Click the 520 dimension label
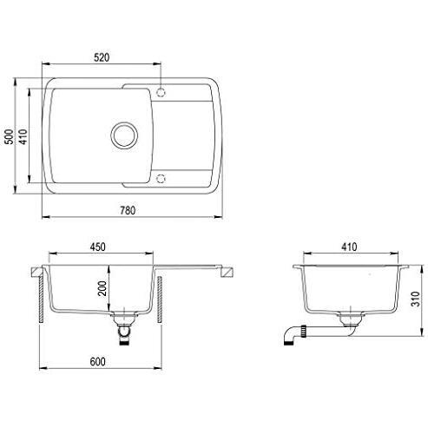point(102,57)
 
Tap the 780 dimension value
point(128,210)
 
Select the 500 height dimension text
point(10,136)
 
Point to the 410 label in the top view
point(23,136)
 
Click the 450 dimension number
point(97,247)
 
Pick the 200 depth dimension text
point(102,288)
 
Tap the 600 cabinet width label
point(97,361)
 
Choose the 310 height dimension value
point(415,299)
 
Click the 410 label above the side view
point(349,247)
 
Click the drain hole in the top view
point(124,135)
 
